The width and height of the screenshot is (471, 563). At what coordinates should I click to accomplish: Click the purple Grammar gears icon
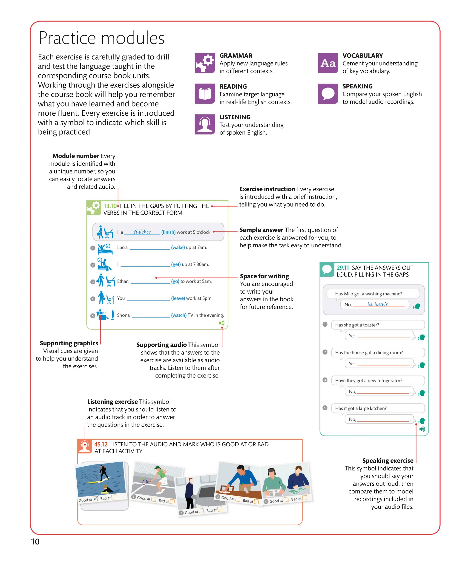[204, 63]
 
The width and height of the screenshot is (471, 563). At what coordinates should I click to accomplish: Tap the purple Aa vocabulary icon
[328, 63]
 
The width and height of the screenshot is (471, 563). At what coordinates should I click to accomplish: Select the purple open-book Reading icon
[204, 94]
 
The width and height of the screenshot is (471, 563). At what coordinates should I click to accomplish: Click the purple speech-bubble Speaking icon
[328, 94]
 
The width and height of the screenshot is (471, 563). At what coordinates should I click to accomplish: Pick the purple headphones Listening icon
[204, 124]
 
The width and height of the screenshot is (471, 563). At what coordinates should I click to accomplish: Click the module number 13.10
[110, 206]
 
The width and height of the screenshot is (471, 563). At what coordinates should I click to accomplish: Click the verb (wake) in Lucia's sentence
[178, 248]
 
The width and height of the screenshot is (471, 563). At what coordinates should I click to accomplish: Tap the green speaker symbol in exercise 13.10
[221, 323]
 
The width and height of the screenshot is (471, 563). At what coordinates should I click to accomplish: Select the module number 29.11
[342, 268]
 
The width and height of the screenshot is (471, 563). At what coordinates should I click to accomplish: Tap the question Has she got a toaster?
[357, 325]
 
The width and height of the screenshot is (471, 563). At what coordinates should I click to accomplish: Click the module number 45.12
[101, 444]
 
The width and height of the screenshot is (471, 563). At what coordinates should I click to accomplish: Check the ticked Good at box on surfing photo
[95, 499]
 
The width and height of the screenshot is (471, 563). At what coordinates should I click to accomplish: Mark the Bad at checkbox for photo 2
[220, 509]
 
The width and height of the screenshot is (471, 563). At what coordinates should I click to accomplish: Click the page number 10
[35, 542]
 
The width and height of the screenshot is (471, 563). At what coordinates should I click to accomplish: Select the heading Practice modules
[101, 38]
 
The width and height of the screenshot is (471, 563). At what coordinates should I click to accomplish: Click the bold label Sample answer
[261, 230]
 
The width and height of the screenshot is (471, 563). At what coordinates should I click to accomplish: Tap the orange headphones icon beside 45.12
[85, 446]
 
